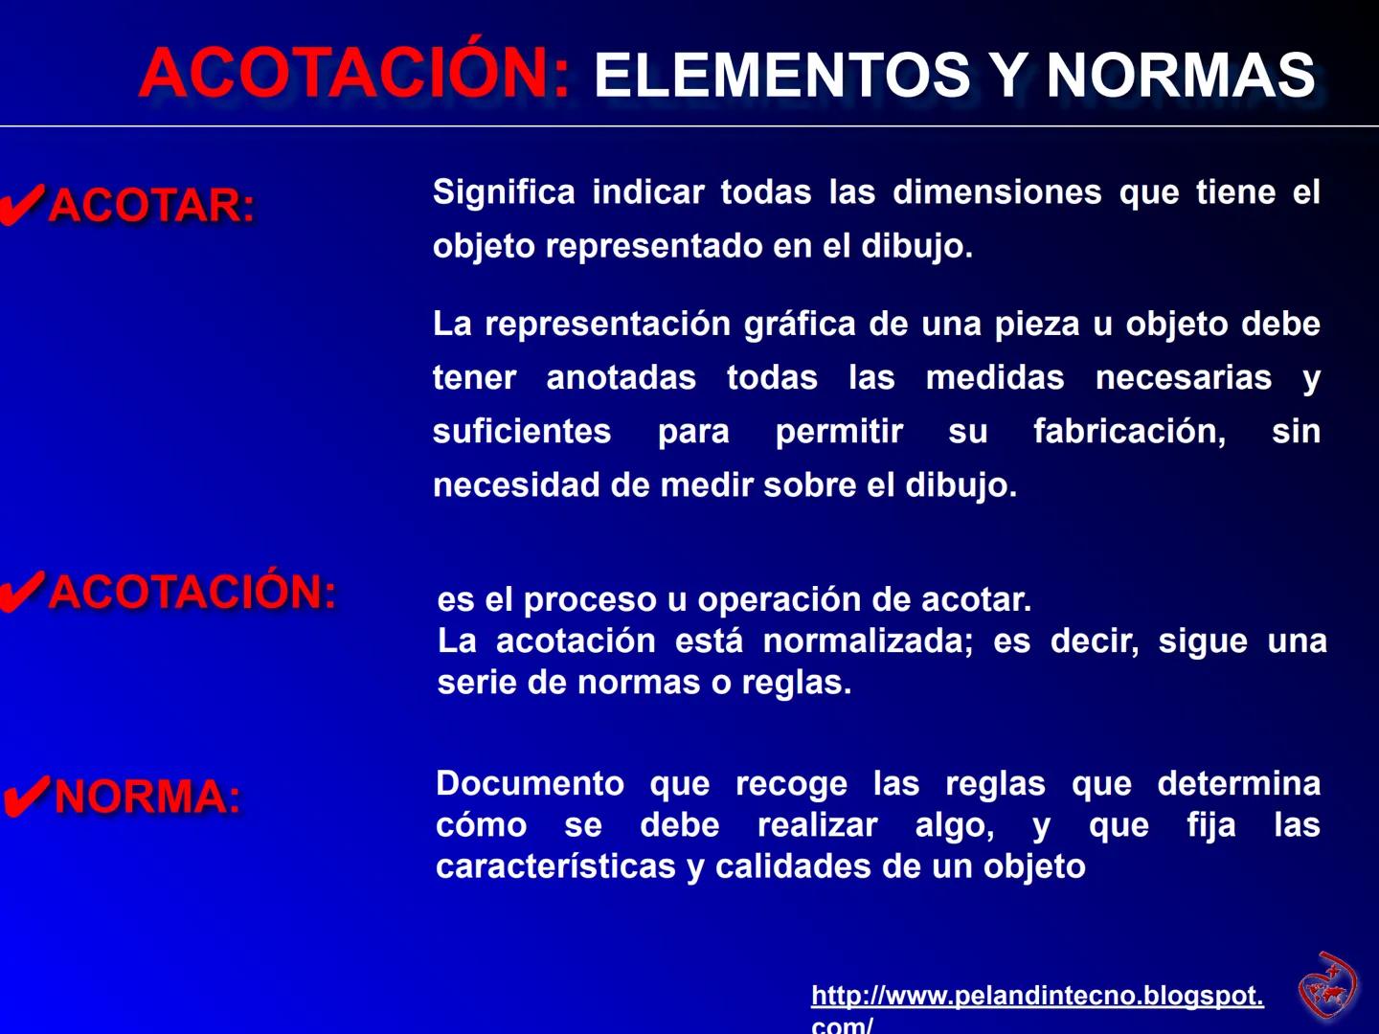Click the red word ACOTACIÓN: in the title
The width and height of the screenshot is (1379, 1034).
pyautogui.click(x=354, y=73)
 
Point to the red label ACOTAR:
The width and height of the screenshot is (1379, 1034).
pyautogui.click(x=152, y=205)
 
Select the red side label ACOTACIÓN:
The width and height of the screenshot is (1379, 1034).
pyautogui.click(x=192, y=591)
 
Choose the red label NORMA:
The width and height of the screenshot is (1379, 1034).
pyautogui.click(x=148, y=797)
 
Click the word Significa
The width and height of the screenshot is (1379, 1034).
pyautogui.click(x=504, y=192)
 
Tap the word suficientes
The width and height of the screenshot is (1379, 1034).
pyautogui.click(x=522, y=431)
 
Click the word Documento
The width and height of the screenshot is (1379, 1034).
pyautogui.click(x=530, y=783)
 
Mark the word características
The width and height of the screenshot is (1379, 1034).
pyautogui.click(x=556, y=866)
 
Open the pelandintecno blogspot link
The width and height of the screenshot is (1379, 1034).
pyautogui.click(x=1037, y=997)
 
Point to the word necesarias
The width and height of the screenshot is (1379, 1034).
pyautogui.click(x=1184, y=377)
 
